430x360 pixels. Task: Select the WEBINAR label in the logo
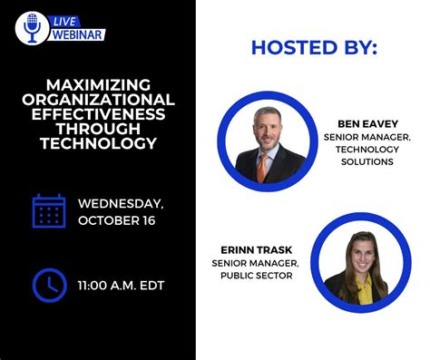pos(77,34)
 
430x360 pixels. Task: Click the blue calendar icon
pos(49,210)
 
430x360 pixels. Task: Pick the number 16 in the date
pos(144,219)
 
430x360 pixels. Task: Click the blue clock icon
pos(49,285)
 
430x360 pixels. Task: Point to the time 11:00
pos(94,286)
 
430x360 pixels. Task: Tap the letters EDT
pos(151,286)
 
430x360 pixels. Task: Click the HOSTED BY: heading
pos(313,47)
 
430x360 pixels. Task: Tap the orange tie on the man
pos(262,167)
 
